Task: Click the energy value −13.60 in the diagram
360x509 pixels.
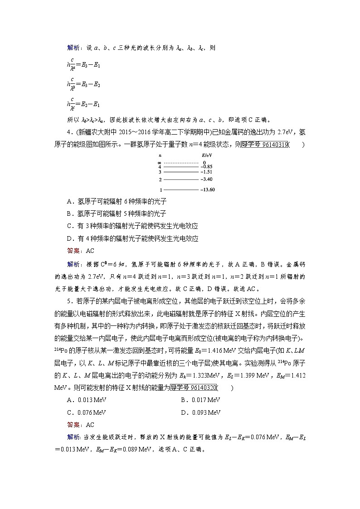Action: click(x=208, y=190)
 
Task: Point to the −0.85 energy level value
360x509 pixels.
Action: click(x=206, y=167)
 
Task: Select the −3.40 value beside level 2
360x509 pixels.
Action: click(x=206, y=179)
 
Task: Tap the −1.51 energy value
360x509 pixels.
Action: click(x=206, y=172)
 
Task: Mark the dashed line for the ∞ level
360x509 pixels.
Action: click(x=181, y=162)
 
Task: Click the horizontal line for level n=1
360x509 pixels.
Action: click(x=181, y=190)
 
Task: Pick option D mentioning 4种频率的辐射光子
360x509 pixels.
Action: click(x=132, y=238)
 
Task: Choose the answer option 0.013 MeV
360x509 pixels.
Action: click(x=86, y=400)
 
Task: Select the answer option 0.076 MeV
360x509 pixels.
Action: click(x=86, y=412)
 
